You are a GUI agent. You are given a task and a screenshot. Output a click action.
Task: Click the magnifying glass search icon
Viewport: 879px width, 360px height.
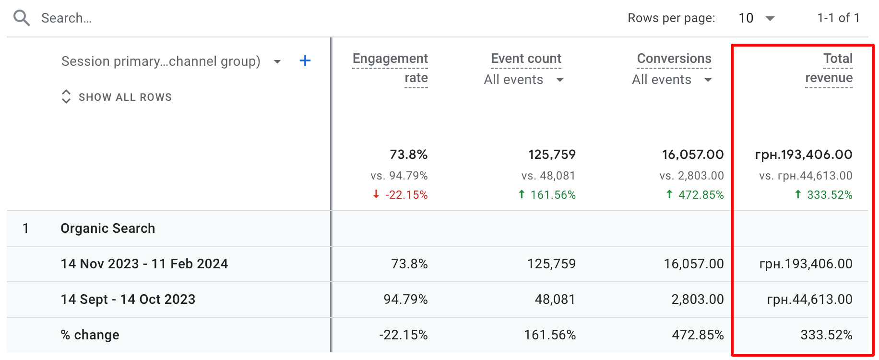click(x=22, y=18)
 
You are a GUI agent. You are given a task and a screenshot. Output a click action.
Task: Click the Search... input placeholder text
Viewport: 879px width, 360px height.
click(x=66, y=18)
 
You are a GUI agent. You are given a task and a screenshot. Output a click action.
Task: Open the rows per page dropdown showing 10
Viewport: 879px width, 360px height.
click(x=756, y=18)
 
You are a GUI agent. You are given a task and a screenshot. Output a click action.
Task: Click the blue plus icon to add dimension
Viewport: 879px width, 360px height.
click(x=305, y=61)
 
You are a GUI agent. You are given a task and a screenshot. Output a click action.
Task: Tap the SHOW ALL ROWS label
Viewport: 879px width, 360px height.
click(x=125, y=97)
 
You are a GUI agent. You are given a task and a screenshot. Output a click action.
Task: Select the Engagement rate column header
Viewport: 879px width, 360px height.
click(x=390, y=68)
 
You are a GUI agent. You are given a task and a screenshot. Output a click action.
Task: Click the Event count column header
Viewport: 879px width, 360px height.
click(x=526, y=59)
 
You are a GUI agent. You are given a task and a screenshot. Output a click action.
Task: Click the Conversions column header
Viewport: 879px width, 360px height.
click(x=674, y=59)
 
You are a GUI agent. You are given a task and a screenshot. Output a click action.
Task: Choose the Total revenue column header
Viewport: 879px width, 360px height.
click(x=829, y=68)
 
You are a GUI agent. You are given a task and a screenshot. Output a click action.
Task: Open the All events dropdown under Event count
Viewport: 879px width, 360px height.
click(x=523, y=80)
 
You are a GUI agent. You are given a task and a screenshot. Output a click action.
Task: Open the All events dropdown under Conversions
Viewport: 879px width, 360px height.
click(x=671, y=80)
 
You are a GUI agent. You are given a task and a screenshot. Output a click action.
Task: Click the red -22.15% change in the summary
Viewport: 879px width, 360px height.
click(x=406, y=195)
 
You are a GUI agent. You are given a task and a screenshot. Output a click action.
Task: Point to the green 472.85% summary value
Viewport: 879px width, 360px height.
click(x=701, y=195)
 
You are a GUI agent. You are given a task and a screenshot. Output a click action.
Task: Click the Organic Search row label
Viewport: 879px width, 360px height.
click(x=108, y=228)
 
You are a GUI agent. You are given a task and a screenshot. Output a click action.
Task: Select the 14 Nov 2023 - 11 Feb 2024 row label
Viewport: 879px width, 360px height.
click(x=144, y=264)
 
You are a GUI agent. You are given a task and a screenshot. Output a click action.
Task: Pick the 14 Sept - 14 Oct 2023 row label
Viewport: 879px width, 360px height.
click(x=128, y=300)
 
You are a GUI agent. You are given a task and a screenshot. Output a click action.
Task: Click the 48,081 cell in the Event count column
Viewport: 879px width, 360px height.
click(x=555, y=300)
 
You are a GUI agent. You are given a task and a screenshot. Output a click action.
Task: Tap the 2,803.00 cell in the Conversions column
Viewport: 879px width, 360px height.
click(x=697, y=300)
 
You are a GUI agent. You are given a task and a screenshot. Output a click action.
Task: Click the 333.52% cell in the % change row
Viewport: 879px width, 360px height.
click(x=826, y=335)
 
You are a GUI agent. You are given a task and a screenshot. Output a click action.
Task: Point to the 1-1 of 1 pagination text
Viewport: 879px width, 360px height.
click(x=838, y=18)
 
